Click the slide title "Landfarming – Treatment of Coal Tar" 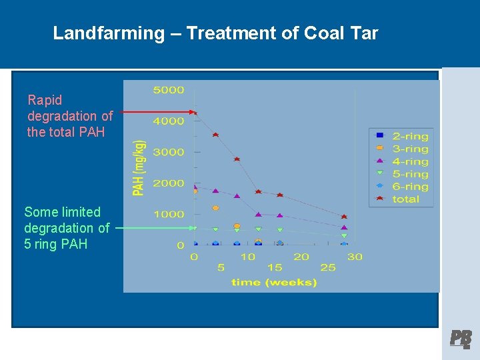(x=215, y=33)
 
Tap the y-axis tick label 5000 (x=169, y=89)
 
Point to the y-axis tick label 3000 (x=169, y=152)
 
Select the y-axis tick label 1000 (x=169, y=214)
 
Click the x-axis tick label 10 (x=247, y=257)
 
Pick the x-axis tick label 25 (x=328, y=267)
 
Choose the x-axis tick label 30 (x=355, y=257)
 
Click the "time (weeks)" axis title (x=274, y=282)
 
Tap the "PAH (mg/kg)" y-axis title (x=139, y=167)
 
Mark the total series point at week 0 (x=195, y=113)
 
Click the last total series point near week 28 (x=344, y=217)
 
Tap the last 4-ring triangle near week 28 (x=344, y=227)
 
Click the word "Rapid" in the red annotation (x=45, y=100)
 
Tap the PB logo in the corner (x=460, y=339)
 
